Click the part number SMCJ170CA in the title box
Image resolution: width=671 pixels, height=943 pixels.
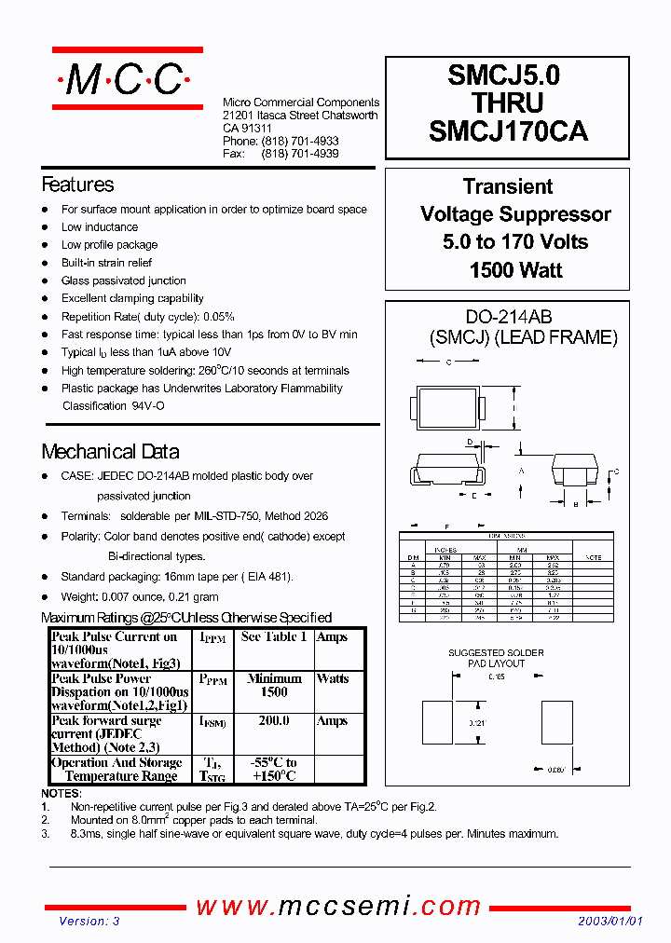coord(508,132)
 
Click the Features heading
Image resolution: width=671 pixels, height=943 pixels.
coord(77,184)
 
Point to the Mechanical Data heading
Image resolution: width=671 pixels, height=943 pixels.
coord(110,452)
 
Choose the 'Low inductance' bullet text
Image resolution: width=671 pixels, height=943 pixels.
coord(100,227)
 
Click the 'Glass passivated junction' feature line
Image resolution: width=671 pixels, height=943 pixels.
coord(124,280)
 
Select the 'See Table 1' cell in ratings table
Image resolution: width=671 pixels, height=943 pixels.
coord(273,637)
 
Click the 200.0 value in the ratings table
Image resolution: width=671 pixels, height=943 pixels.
coord(273,721)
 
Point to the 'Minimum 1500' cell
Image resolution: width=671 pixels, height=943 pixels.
coord(273,686)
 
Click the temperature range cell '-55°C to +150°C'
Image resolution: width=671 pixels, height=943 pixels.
coord(273,769)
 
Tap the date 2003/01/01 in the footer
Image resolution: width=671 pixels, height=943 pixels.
coord(610,922)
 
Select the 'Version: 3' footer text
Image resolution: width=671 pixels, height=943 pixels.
coord(89,922)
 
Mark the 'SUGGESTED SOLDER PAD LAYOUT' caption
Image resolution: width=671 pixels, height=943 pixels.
coord(495,658)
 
